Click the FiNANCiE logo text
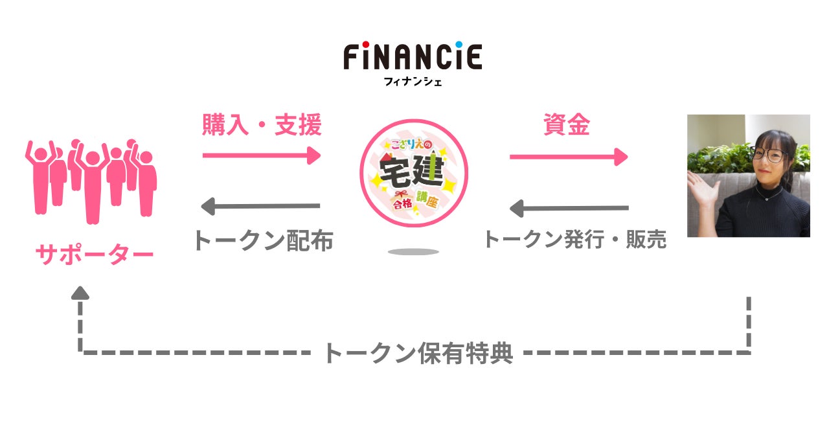tap(413, 58)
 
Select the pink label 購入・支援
tap(262, 126)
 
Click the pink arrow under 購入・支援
tap(262, 155)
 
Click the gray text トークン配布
tap(262, 240)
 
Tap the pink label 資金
tap(566, 126)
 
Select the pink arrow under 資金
tap(569, 157)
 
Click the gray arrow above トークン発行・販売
tap(569, 209)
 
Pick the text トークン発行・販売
tap(574, 240)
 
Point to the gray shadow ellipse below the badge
tap(413, 251)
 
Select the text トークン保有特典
tap(417, 353)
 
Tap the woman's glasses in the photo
tap(769, 155)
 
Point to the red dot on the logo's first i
tap(367, 45)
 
